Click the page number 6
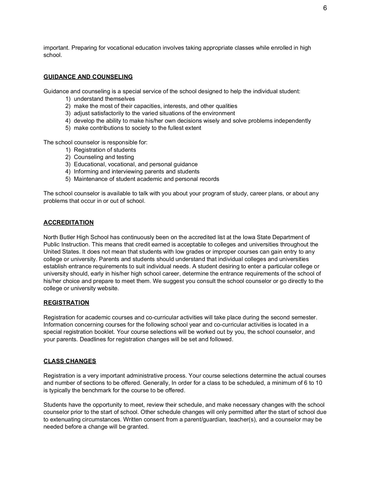pyautogui.click(x=325, y=8)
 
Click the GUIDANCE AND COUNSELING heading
pyautogui.click(x=88, y=77)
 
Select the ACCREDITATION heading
pyautogui.click(x=69, y=223)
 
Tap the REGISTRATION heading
pyautogui.click(x=66, y=303)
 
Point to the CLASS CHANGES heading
pyautogui.click(x=70, y=361)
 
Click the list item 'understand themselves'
pyautogui.click(x=104, y=99)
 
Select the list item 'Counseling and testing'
pyautogui.click(x=104, y=157)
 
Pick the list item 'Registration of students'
pyautogui.click(x=105, y=150)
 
